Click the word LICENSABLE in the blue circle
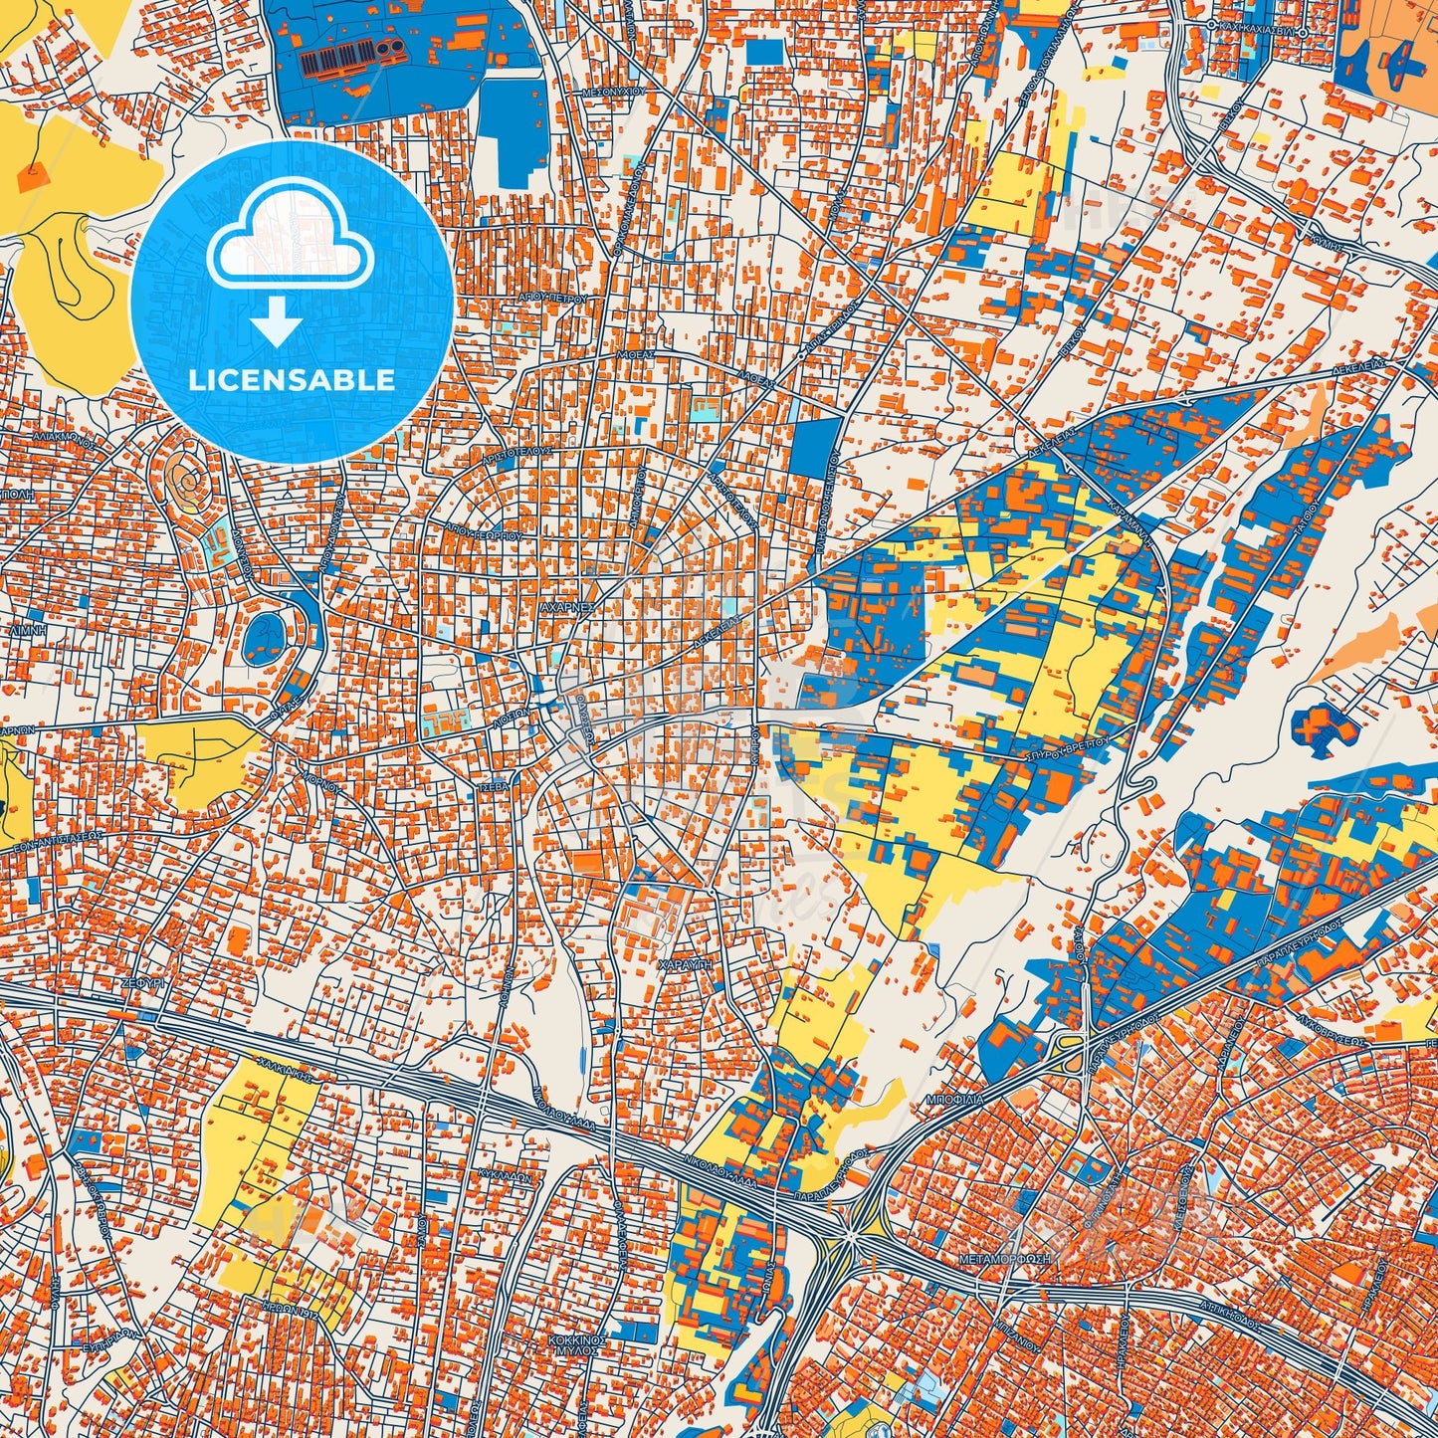pos(293,380)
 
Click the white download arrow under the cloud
pos(278,324)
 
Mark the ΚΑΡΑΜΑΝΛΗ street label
pos(1130,524)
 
